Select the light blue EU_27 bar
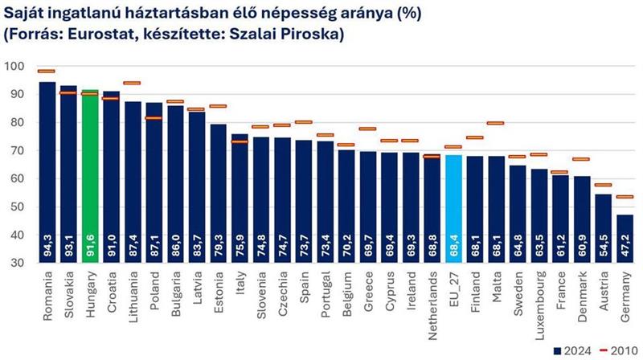coord(453,208)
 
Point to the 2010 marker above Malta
coord(496,123)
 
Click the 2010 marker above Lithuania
coord(133,83)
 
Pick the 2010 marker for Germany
coord(625,196)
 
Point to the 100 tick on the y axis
coord(16,66)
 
